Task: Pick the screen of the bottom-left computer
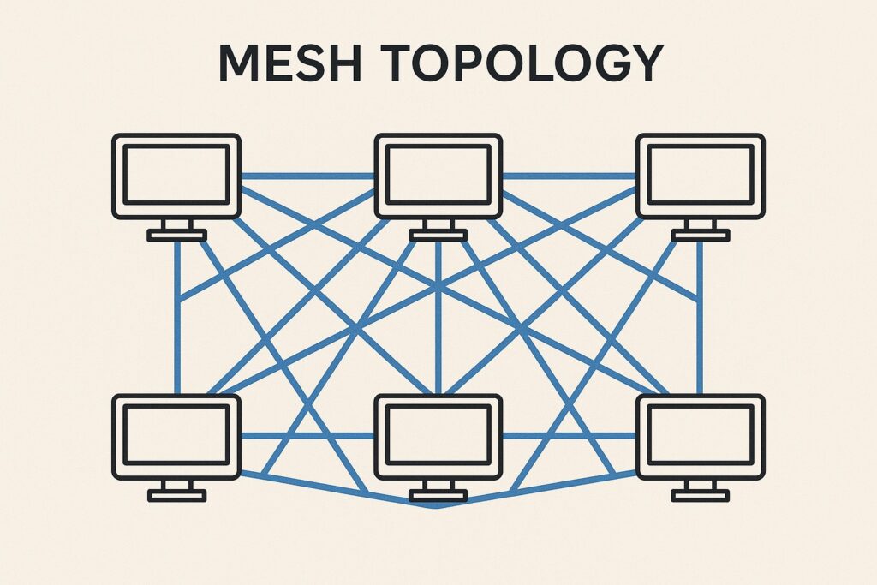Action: tap(176, 435)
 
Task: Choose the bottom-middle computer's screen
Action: tap(438, 435)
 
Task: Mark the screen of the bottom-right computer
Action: tap(701, 435)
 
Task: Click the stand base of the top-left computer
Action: tap(176, 236)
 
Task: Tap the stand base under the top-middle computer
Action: tap(438, 236)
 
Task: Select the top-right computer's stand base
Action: tap(701, 236)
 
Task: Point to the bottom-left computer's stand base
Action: tap(176, 495)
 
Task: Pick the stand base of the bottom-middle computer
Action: tap(438, 495)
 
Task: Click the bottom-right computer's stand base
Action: tap(701, 495)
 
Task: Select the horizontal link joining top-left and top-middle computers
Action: tap(307, 176)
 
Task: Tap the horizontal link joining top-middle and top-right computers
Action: tap(570, 176)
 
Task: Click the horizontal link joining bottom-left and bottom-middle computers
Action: tap(307, 436)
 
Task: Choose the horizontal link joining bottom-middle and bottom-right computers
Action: tap(570, 436)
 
